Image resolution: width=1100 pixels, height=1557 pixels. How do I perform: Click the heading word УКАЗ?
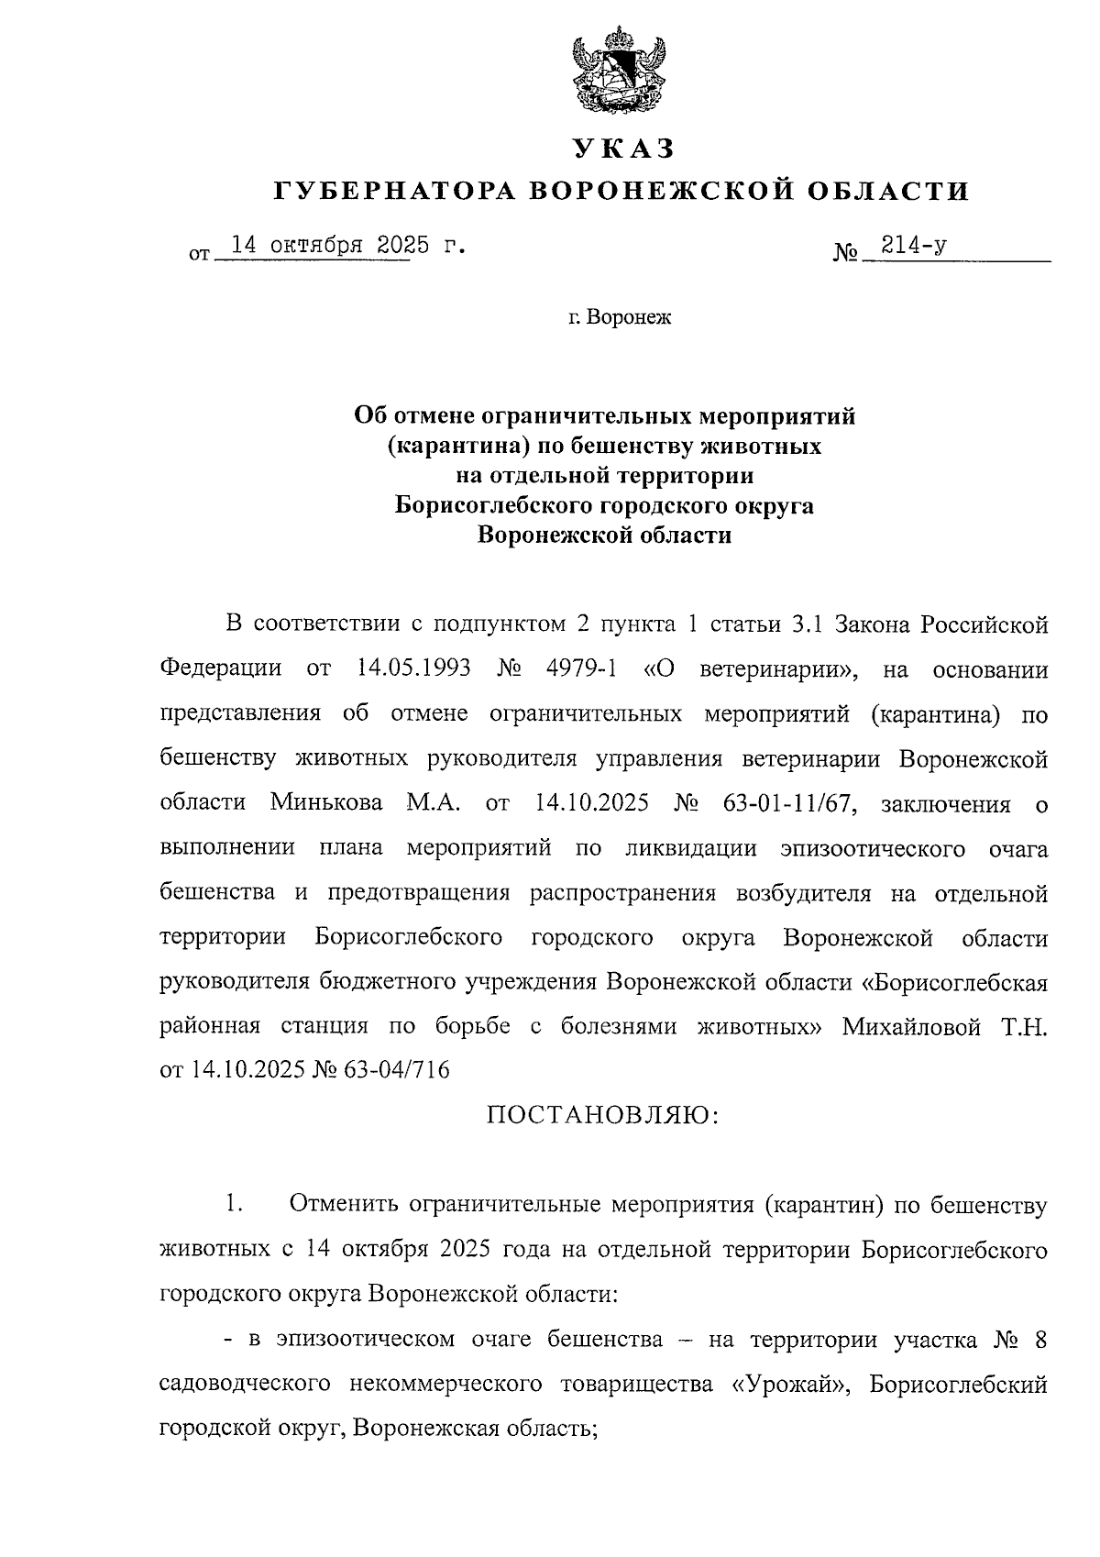(x=622, y=148)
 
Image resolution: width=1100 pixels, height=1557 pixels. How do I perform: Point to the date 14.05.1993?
(x=412, y=668)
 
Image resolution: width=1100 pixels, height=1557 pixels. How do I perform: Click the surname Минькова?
(x=327, y=803)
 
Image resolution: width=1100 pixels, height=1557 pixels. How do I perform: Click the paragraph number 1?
(x=234, y=1205)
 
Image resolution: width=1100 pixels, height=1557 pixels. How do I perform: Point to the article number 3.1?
(x=809, y=624)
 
